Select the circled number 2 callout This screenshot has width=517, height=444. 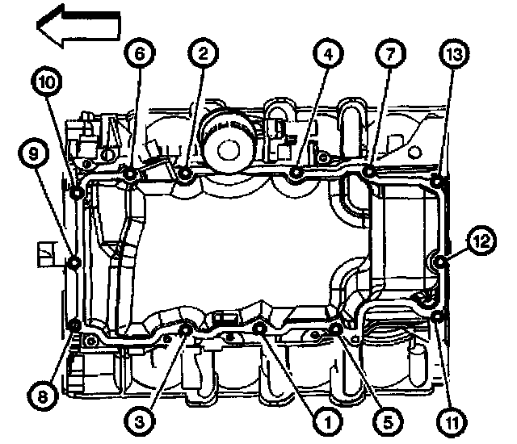203,55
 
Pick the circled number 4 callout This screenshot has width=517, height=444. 326,55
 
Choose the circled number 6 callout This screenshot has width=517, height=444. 138,55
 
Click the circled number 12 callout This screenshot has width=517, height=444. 481,240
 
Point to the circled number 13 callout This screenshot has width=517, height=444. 453,55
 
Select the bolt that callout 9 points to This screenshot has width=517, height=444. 75,262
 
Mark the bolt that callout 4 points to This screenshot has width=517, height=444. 296,172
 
